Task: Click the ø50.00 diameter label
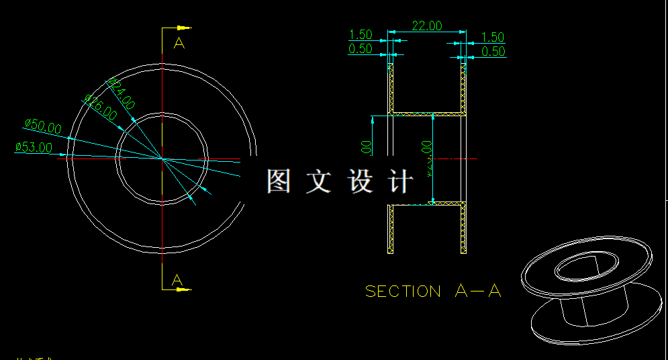pos(42,125)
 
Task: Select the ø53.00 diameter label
pos(33,147)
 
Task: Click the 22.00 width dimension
pos(427,26)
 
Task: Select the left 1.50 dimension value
pos(361,35)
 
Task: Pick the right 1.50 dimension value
pos(493,38)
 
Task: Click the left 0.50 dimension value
pos(361,49)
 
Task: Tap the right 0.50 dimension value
pos(493,52)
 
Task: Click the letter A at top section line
pos(179,44)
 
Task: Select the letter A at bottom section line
pos(177,279)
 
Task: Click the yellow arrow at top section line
pos(184,28)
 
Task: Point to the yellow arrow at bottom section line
pos(184,289)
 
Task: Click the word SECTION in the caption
pos(403,291)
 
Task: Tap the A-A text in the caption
pos(478,291)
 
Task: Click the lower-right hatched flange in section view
pos(463,228)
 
